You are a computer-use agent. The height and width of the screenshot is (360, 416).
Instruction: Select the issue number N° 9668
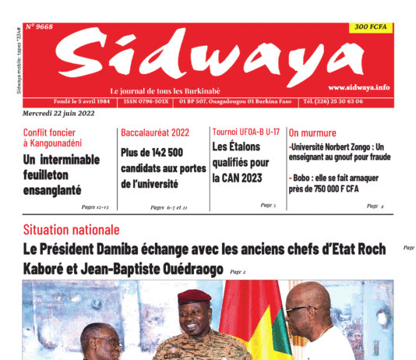39,26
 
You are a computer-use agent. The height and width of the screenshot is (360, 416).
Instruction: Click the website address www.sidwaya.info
358,87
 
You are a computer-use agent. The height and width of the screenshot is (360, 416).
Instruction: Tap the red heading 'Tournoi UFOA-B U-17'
245,132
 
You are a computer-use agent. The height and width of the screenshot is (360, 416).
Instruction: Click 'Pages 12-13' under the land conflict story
94,206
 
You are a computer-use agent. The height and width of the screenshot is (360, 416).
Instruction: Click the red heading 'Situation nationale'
72,230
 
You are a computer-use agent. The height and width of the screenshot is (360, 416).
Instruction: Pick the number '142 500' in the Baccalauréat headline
164,153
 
